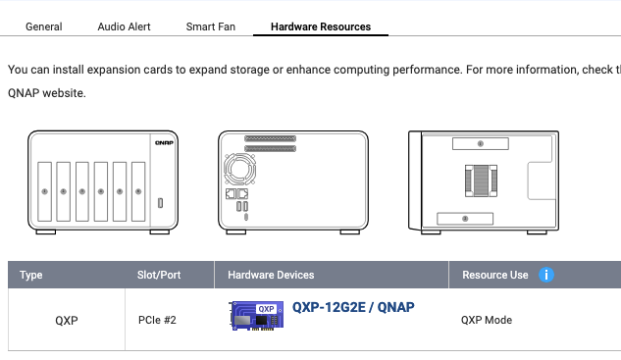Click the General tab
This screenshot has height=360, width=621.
pos(43,26)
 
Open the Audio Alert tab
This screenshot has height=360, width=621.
pos(124,26)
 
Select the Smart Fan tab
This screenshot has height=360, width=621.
pos(211,26)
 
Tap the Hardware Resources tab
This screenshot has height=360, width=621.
pos(321,26)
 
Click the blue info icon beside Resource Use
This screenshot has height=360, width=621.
pos(546,275)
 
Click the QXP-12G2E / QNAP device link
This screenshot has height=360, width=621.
pos(353,307)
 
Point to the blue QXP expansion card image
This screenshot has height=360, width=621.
pos(257,316)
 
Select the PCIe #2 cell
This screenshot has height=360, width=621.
pos(157,320)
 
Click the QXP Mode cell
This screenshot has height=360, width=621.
pos(487,320)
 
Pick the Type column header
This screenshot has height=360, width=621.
pos(30,275)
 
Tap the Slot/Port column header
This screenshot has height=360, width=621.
pos(159,275)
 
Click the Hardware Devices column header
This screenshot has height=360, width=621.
pos(271,275)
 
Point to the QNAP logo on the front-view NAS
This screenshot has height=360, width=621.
pos(164,142)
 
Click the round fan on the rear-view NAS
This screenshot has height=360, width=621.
pos(239,169)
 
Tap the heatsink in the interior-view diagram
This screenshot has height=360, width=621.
pos(481,181)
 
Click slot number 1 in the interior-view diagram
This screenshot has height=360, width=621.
pos(481,144)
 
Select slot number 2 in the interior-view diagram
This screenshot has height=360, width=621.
pos(465,219)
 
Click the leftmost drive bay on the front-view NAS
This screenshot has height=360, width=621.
pos(45,191)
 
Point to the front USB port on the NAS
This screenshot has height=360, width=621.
pos(160,203)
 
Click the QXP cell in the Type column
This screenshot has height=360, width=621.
pos(66,320)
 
